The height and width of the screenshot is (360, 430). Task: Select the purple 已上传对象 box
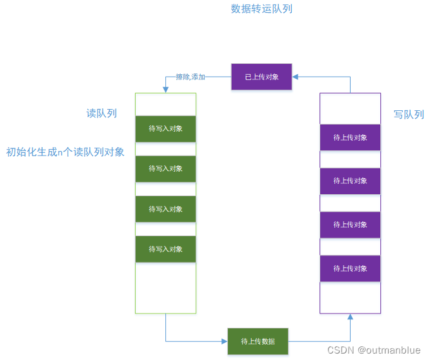coord(261,77)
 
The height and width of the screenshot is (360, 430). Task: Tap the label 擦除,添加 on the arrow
coord(190,77)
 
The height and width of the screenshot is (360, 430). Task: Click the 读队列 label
coord(101,113)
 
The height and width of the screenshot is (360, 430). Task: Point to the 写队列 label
coord(409,114)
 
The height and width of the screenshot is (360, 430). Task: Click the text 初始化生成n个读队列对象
coord(65,152)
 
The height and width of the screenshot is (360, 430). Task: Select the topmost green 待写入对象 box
coord(165,128)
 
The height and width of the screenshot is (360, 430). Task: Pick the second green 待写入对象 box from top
coord(165,168)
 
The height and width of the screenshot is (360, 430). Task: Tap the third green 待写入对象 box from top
coord(165,209)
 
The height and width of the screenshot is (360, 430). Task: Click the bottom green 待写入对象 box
coord(165,249)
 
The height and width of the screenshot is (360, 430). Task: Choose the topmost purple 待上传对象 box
coord(350,137)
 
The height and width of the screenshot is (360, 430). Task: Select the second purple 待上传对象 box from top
coord(350,181)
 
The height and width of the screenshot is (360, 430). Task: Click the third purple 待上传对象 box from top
coord(350,225)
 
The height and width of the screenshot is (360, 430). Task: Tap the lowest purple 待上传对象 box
coord(350,268)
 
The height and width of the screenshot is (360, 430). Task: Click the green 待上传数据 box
coord(258,341)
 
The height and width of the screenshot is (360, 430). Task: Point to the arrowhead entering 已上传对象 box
coord(295,77)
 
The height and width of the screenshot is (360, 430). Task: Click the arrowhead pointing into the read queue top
coord(166,90)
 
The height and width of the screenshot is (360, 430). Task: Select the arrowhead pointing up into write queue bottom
coord(351,317)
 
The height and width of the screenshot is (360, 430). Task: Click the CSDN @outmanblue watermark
coord(374,350)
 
